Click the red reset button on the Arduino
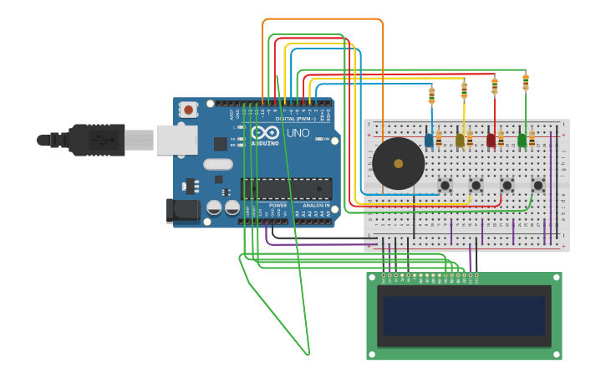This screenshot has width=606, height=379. coord(189,109)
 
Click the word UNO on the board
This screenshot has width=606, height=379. coord(298,133)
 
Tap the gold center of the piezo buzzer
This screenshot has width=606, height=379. coord(398,164)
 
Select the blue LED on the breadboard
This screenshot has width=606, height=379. coord(429,141)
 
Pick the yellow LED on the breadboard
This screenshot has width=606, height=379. coord(460,141)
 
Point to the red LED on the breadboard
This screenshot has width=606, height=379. coord(491,141)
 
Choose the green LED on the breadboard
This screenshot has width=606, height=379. coord(522,141)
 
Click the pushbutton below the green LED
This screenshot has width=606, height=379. coord(538,185)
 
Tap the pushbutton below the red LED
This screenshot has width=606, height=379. coord(507,185)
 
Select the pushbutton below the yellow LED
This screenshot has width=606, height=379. coord(476,185)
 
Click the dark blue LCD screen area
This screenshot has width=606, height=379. coord(464,315)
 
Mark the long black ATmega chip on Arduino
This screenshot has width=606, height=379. coord(286,189)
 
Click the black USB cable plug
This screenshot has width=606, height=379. coord(97,140)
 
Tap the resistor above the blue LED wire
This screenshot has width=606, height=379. coord(431,95)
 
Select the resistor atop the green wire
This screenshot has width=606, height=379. coord(526,82)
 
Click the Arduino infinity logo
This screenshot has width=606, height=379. coord(266,133)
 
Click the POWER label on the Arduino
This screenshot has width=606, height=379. coord(278,205)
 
